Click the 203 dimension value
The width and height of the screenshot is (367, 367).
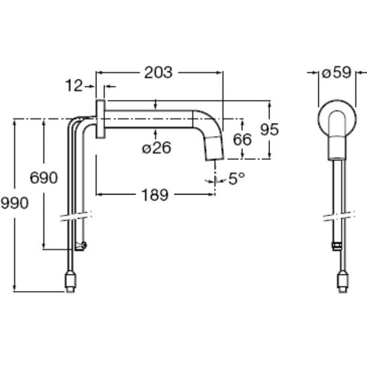pyautogui.click(x=158, y=72)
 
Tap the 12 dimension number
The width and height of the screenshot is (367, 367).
pyautogui.click(x=74, y=85)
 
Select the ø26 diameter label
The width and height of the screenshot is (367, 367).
pyautogui.click(x=156, y=148)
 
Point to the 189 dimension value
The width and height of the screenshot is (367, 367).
pyautogui.click(x=155, y=195)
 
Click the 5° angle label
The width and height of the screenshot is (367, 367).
pyautogui.click(x=237, y=178)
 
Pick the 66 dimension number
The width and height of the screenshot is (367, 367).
pyautogui.click(x=242, y=140)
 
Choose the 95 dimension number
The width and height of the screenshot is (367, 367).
pyautogui.click(x=270, y=129)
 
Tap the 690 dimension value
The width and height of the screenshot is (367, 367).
pyautogui.click(x=44, y=178)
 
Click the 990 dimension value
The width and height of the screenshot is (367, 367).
pyautogui.click(x=14, y=202)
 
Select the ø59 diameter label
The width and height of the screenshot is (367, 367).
pyautogui.click(x=337, y=72)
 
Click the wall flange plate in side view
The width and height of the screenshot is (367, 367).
pyautogui.click(x=101, y=118)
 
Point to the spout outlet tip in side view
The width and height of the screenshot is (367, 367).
pyautogui.click(x=215, y=159)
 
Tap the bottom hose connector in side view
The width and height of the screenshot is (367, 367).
pyautogui.click(x=70, y=282)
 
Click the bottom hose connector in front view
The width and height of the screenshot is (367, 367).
pyautogui.click(x=344, y=282)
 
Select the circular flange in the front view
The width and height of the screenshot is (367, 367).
pyautogui.click(x=337, y=118)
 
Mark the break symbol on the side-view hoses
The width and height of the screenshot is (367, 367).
pyautogui.click(x=76, y=216)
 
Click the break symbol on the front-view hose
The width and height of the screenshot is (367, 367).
pyautogui.click(x=339, y=216)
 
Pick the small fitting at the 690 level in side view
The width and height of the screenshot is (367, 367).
pyautogui.click(x=81, y=246)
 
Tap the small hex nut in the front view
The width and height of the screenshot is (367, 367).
pyautogui.click(x=337, y=247)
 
